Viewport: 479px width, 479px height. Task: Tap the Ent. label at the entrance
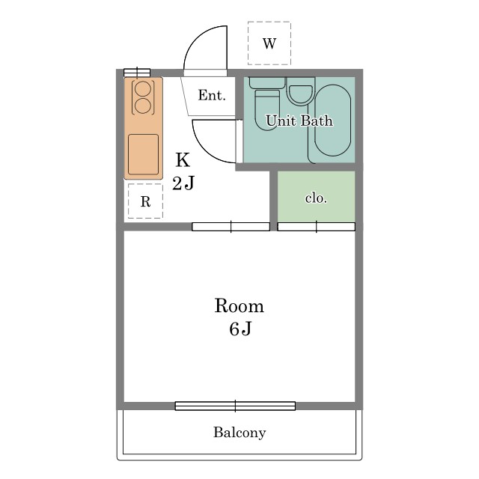[x=212, y=95]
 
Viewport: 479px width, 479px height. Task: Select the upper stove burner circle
[x=143, y=89]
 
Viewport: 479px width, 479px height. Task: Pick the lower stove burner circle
[x=143, y=106]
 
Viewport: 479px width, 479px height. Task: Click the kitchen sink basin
[x=143, y=154]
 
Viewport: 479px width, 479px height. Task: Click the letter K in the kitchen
[x=183, y=159]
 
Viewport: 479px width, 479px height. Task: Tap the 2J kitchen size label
[x=183, y=183]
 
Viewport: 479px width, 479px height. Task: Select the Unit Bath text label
[x=299, y=120]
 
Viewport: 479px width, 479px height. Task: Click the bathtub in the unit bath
[x=332, y=120]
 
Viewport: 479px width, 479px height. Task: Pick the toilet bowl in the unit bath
[x=267, y=110]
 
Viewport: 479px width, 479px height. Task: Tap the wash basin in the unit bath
[x=301, y=95]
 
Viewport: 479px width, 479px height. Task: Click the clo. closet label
[x=316, y=198]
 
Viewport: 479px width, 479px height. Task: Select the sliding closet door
[x=316, y=227]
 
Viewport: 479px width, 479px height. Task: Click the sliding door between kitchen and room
[x=231, y=227]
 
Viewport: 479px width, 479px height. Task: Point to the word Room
[x=239, y=305]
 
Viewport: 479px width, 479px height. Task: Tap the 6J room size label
[x=240, y=329]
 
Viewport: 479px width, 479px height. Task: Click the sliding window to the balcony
[x=235, y=406]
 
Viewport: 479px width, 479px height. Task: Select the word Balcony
[x=239, y=433]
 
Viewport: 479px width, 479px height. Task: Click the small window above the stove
[x=137, y=73]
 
